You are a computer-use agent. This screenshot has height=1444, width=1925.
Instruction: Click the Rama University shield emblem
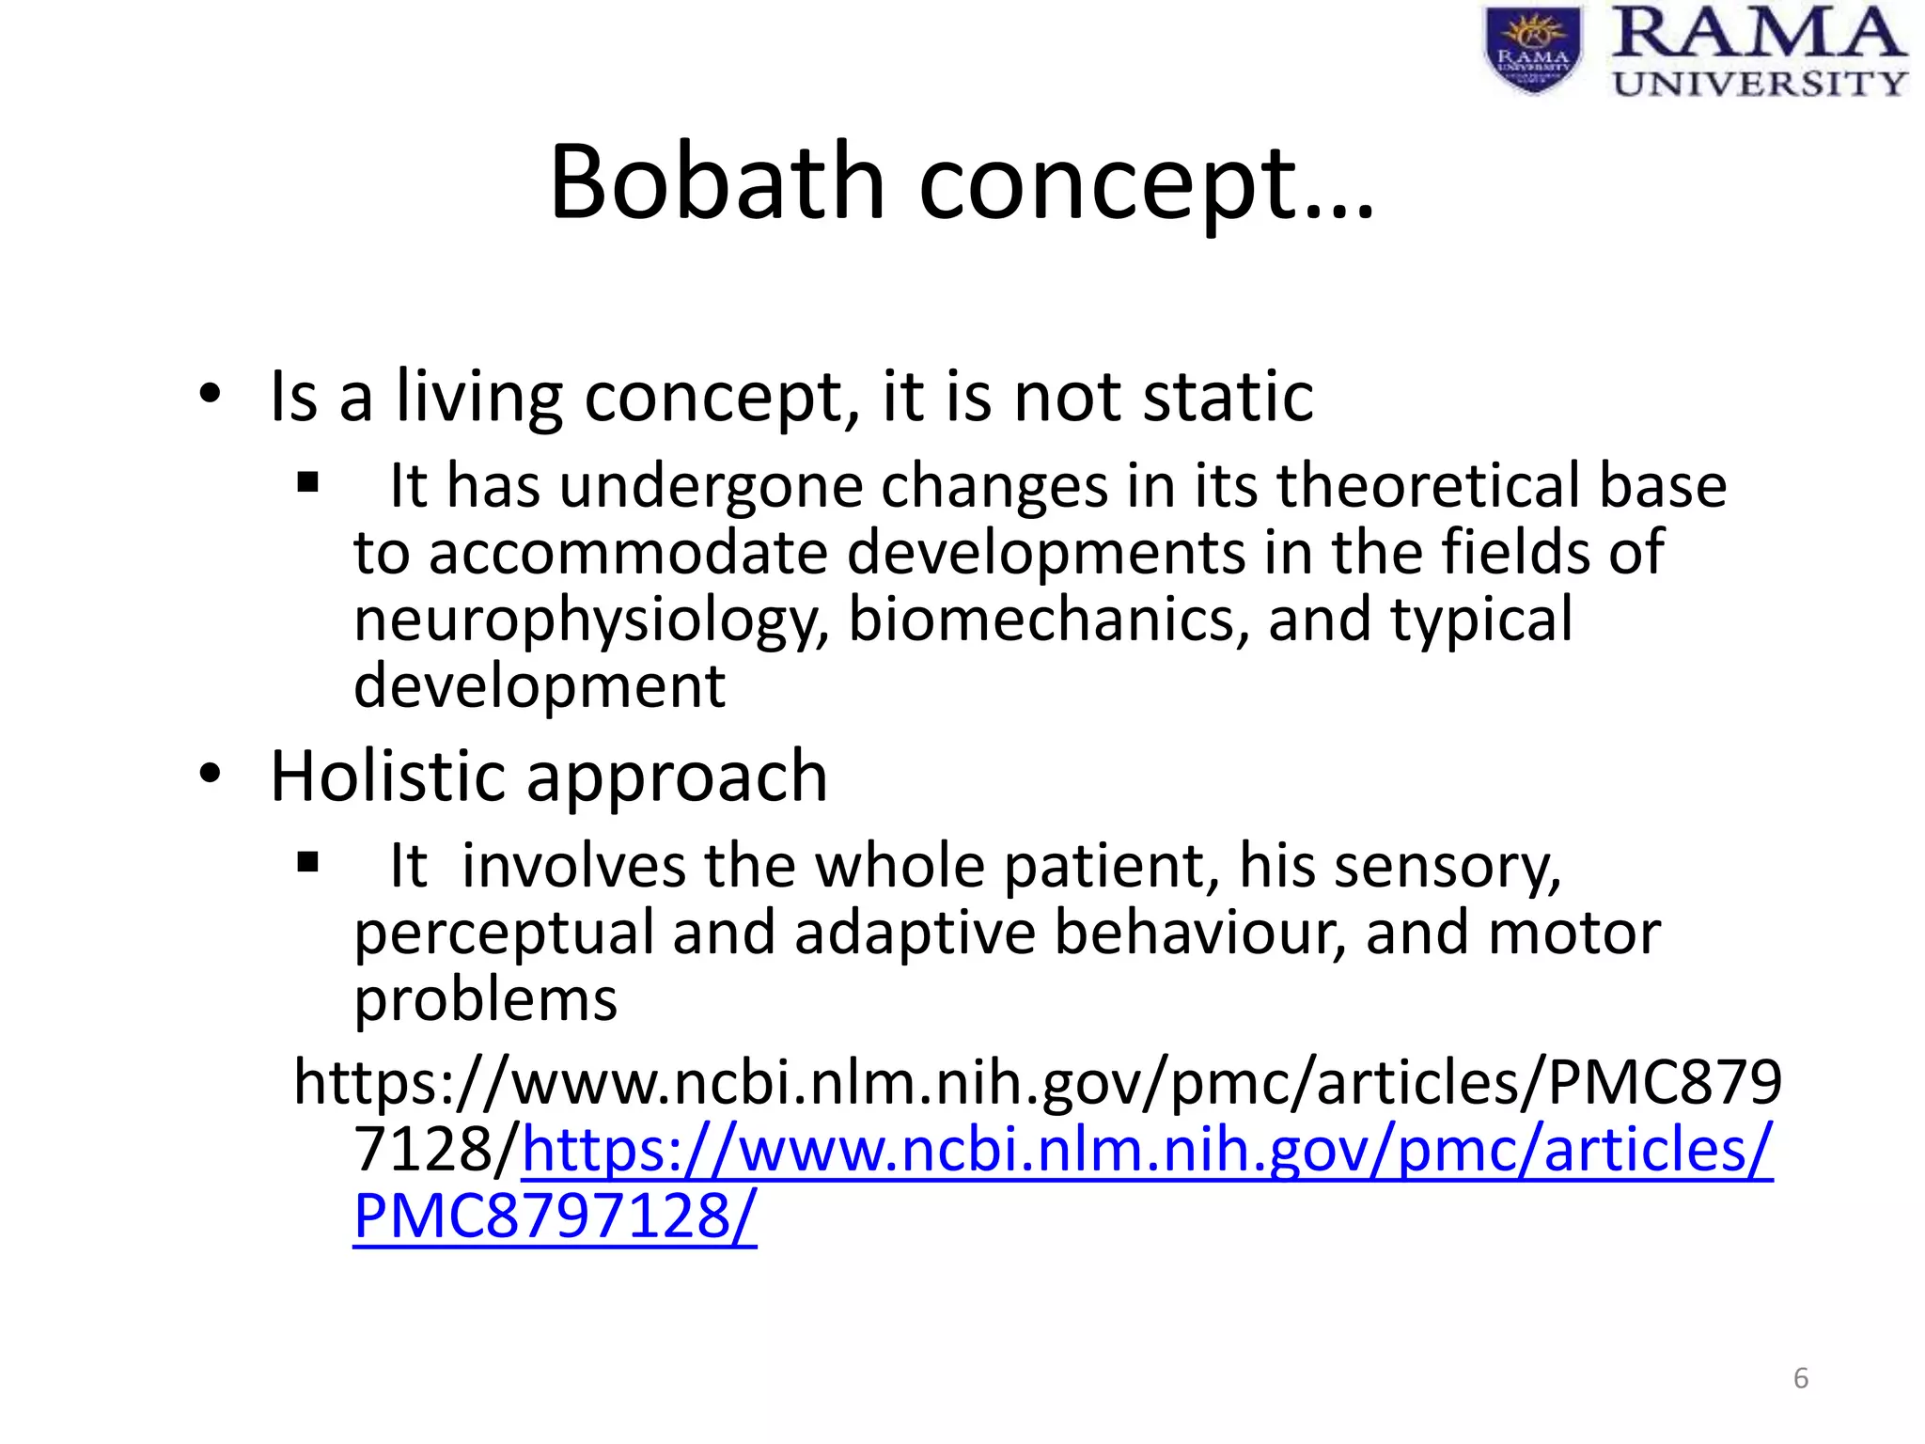tap(1533, 50)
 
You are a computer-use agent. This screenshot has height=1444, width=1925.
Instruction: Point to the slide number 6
tap(1801, 1378)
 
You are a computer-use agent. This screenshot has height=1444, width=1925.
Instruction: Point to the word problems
tap(485, 999)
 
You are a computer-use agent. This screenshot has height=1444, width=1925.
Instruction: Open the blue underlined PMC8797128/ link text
tap(555, 1216)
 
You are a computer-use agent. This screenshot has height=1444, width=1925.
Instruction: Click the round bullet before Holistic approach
tap(211, 774)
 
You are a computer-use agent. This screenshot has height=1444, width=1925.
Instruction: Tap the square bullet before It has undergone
tap(307, 484)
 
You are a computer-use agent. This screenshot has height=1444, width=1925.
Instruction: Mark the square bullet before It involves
tap(307, 862)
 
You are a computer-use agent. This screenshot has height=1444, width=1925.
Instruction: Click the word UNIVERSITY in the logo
tap(1759, 83)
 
